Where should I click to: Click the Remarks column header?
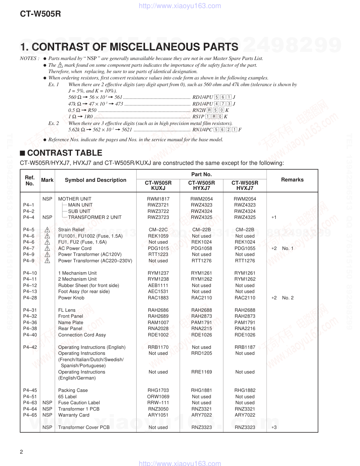(292, 180)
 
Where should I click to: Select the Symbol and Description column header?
(95, 180)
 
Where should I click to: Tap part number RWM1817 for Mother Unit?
(158, 199)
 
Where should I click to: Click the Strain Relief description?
(71, 230)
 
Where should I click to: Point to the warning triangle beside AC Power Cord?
(47, 249)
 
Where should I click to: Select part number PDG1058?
(201, 249)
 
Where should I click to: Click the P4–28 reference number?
(30, 298)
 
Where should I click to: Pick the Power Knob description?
(71, 298)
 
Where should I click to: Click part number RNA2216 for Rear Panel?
(245, 329)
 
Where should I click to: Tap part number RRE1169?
(201, 372)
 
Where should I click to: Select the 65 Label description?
(67, 397)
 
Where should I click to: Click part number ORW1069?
(158, 397)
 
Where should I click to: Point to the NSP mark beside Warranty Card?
(47, 415)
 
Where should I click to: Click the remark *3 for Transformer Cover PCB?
(274, 428)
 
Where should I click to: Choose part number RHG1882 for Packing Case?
(245, 390)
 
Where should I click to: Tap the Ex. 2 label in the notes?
(54, 123)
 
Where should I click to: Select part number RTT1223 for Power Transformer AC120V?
(158, 255)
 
